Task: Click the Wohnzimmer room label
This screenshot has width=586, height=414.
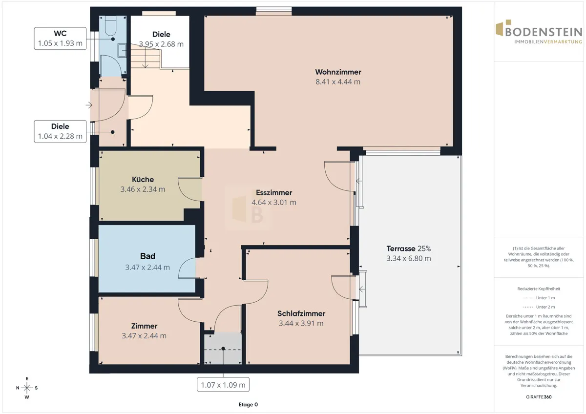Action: tap(338, 72)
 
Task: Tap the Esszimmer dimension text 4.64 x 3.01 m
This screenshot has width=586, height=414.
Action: tap(274, 203)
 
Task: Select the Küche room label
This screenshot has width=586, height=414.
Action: tap(143, 179)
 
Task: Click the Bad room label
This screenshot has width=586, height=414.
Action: tap(147, 256)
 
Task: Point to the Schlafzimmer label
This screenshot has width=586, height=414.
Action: tap(301, 313)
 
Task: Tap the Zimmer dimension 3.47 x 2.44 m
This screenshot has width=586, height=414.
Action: tap(144, 336)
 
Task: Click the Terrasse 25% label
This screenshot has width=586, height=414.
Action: tap(409, 248)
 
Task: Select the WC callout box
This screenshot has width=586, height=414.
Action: tap(60, 39)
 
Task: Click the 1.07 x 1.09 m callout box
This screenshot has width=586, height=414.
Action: tap(223, 385)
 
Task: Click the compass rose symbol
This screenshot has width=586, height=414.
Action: tap(27, 388)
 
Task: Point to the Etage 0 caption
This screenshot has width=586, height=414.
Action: tap(248, 405)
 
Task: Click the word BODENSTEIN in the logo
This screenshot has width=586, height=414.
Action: tap(544, 32)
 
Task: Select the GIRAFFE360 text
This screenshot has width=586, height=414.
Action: tap(539, 397)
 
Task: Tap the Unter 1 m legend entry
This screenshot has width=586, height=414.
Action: tap(539, 298)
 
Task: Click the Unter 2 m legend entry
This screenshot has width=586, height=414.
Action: tap(539, 307)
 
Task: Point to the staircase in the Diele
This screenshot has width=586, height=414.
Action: tap(146, 57)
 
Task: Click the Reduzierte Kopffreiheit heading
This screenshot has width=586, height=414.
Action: tap(539, 289)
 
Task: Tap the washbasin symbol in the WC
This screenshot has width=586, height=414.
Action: tap(122, 50)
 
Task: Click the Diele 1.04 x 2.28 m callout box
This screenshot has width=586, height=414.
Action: tap(60, 131)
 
